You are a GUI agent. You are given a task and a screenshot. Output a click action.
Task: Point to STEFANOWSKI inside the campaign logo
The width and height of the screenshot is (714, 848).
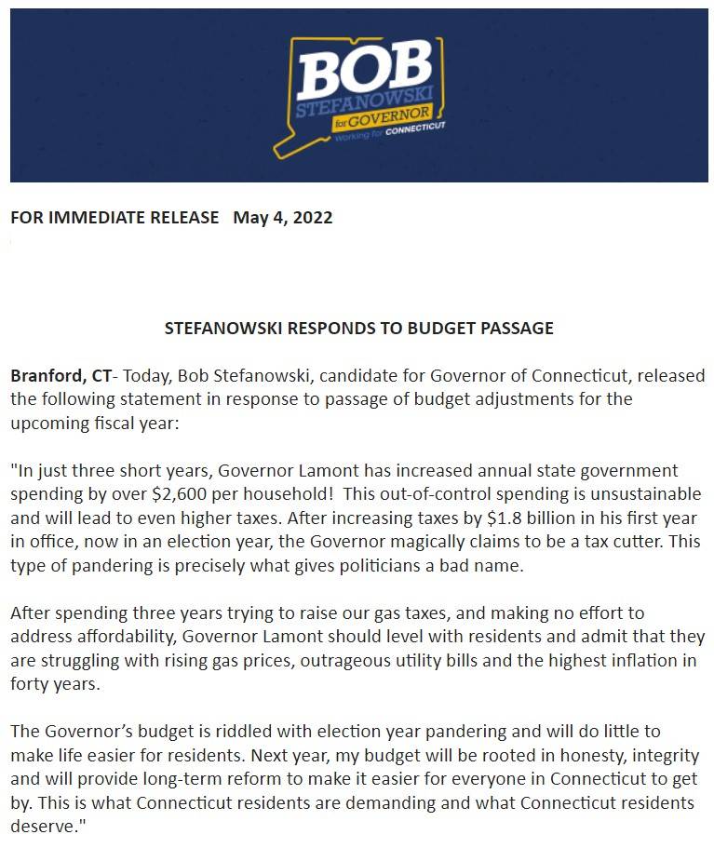(363, 109)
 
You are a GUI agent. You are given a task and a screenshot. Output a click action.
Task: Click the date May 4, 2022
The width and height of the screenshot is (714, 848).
(282, 218)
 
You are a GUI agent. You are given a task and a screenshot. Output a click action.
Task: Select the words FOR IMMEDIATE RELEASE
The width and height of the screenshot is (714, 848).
(115, 218)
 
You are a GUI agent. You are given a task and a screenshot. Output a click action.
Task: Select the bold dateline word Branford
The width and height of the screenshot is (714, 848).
(46, 376)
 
